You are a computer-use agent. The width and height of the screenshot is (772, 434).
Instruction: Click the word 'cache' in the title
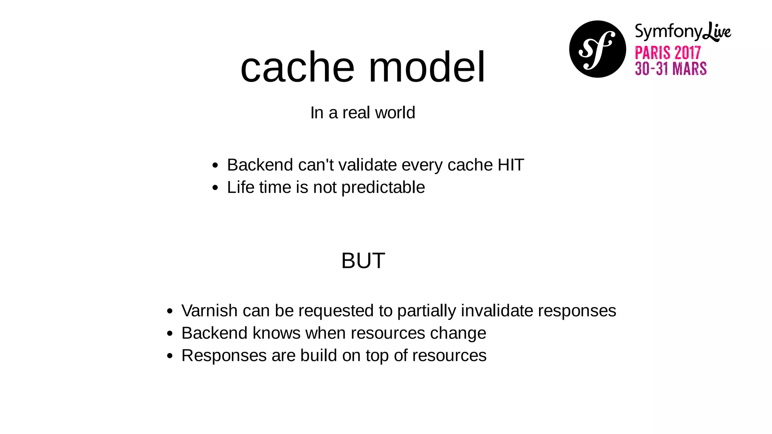[297, 68]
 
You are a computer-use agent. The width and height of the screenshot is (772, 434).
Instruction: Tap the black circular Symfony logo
[597, 49]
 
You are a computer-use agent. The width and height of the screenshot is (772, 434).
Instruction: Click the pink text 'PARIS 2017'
[668, 53]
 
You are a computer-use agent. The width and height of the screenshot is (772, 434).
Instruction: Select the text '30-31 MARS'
[671, 69]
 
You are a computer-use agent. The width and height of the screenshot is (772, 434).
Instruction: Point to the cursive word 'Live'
[717, 32]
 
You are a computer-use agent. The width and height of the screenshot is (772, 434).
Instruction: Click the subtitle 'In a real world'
[363, 113]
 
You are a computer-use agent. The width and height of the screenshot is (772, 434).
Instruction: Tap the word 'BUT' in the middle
[363, 260]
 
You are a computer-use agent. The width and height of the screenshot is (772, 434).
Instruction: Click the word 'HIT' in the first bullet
[511, 165]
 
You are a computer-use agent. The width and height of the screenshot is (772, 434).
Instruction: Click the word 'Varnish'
[209, 311]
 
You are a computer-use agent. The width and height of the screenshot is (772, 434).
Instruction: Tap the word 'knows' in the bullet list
[276, 333]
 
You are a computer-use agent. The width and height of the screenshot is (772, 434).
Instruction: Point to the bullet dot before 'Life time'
[215, 188]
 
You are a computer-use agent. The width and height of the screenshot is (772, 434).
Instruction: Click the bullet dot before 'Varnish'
[170, 311]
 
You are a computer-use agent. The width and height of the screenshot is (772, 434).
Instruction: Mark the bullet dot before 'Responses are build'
[170, 356]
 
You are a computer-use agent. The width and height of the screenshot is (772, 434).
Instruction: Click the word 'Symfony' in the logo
[669, 32]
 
